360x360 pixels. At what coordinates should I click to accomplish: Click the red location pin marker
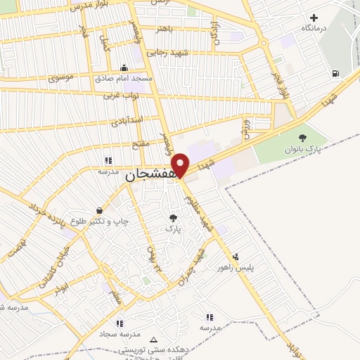coord(181,165)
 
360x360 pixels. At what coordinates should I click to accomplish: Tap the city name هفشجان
coord(150,176)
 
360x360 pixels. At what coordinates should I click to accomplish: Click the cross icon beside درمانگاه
coord(314,18)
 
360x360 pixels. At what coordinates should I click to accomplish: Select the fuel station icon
coord(334,73)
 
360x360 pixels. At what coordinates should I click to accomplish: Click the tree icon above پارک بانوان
coord(302,139)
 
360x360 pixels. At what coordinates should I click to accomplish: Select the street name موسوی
coord(59,77)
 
